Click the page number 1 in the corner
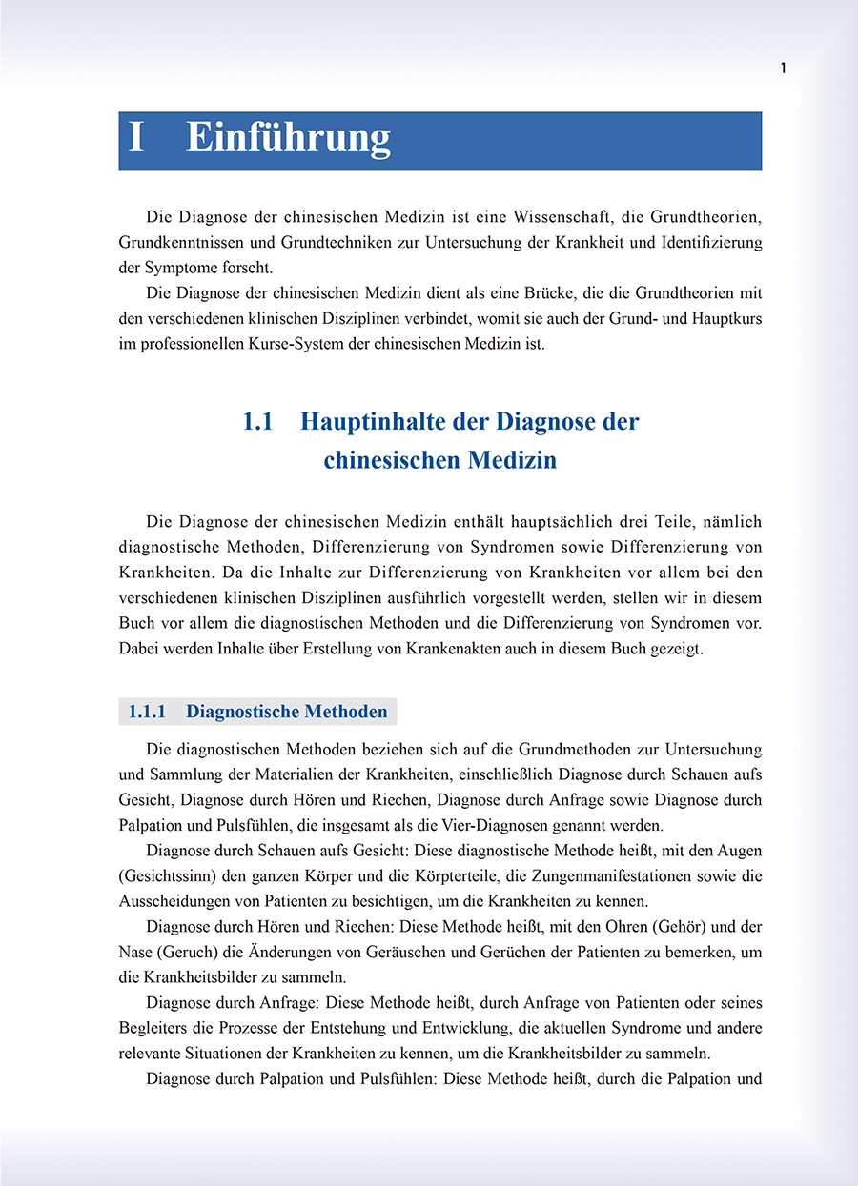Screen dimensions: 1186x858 (783, 68)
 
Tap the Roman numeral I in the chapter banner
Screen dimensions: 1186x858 (136, 138)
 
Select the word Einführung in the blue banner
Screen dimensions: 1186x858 (288, 138)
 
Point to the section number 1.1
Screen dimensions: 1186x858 (257, 422)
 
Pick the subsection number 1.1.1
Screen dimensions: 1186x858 (148, 712)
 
